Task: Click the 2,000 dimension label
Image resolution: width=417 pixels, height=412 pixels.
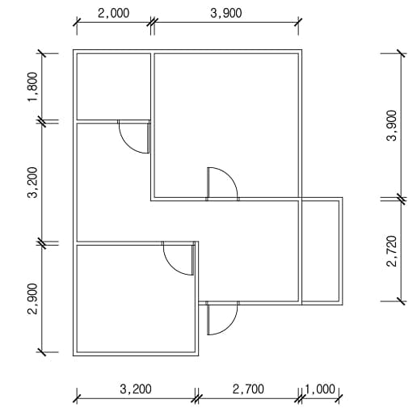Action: [x=113, y=13]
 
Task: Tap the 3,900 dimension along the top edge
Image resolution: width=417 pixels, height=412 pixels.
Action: [x=226, y=13]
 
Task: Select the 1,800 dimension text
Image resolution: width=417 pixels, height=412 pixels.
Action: [x=33, y=86]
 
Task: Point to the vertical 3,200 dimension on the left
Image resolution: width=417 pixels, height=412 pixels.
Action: [x=33, y=183]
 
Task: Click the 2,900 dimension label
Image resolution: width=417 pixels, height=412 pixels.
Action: [x=33, y=299]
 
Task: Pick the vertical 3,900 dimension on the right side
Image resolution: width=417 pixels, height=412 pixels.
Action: [x=392, y=125]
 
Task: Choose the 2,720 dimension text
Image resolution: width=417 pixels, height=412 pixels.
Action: [x=392, y=251]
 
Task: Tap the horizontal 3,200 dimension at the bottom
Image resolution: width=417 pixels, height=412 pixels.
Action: [x=136, y=389]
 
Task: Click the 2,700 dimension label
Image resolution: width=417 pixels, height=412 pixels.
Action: [x=248, y=389]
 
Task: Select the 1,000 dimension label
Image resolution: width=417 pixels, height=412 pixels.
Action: [x=320, y=389]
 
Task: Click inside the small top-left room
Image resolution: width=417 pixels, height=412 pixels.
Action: [x=114, y=86]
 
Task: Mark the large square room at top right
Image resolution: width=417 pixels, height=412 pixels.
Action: [x=226, y=125]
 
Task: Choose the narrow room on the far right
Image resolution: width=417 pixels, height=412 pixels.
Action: [x=320, y=251]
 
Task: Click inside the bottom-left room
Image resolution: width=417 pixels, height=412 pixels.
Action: [x=136, y=298]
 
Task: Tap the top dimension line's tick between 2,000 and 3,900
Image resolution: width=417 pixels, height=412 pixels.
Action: [x=153, y=22]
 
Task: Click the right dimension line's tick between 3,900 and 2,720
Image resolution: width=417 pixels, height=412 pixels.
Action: [x=401, y=199]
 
